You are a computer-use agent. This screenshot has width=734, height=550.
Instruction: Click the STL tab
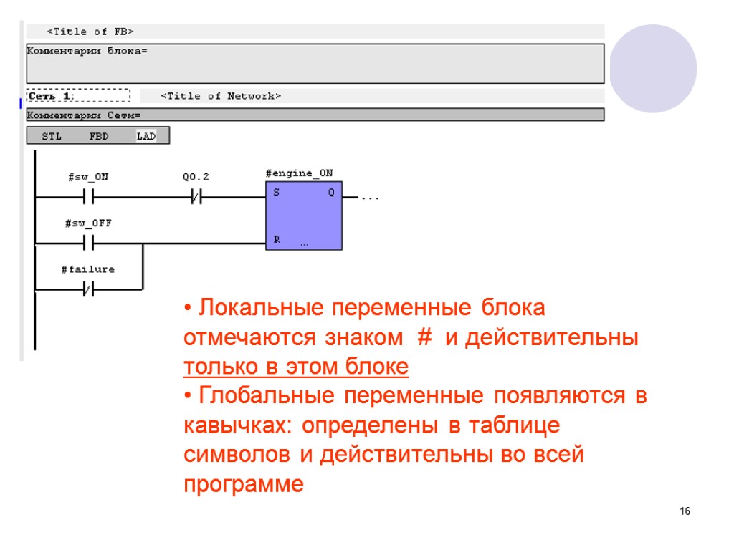click(x=52, y=136)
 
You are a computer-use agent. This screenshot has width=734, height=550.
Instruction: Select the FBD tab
click(x=99, y=136)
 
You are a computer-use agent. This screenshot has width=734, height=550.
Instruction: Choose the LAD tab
click(x=146, y=136)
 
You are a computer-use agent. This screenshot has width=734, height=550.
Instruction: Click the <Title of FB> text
click(x=90, y=32)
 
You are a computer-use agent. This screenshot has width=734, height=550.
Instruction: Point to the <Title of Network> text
click(x=221, y=96)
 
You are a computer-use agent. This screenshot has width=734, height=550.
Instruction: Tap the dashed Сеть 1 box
click(x=78, y=96)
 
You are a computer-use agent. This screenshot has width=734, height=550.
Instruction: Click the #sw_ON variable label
click(x=87, y=177)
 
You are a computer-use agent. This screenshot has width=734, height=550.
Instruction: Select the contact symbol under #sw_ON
click(x=88, y=197)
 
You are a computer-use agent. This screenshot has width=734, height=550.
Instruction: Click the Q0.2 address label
click(x=196, y=177)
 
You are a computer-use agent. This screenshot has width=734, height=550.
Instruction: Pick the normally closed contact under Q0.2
click(x=196, y=197)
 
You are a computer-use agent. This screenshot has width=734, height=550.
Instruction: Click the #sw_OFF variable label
click(x=88, y=223)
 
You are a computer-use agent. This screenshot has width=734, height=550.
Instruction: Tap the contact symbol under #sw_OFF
click(x=88, y=243)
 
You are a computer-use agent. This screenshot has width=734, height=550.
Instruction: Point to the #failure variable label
click(x=87, y=269)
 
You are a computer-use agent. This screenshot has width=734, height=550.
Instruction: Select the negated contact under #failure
click(x=88, y=289)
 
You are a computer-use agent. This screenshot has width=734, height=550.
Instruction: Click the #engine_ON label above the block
click(x=299, y=173)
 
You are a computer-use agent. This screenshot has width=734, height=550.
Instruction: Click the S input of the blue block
click(x=277, y=193)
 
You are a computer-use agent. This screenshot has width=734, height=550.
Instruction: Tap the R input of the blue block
click(x=277, y=240)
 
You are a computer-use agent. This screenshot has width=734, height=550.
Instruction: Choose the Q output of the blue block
click(x=331, y=193)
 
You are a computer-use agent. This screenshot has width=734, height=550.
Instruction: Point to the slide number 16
click(x=685, y=511)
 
